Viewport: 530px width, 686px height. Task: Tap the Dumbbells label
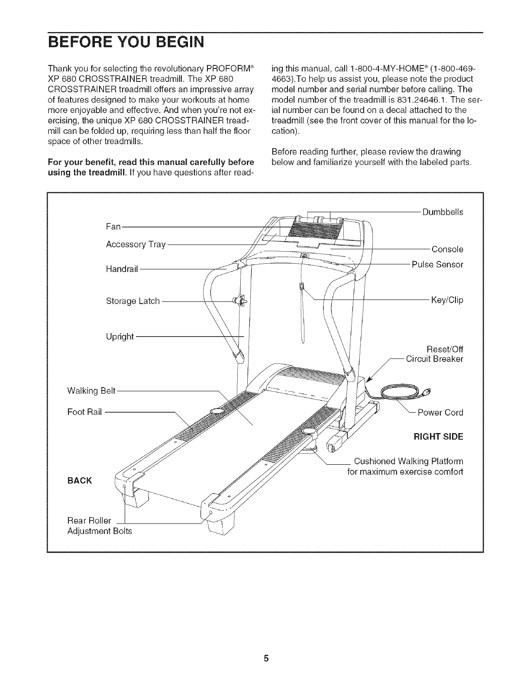[x=443, y=212]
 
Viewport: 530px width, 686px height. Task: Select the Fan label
[x=113, y=227]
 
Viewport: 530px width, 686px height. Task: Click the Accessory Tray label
[x=136, y=244]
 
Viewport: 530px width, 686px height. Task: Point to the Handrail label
[x=122, y=269]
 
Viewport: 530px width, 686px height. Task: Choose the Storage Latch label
[x=132, y=301]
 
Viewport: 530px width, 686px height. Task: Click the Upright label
[x=120, y=336]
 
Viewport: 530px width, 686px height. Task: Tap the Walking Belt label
[x=91, y=391]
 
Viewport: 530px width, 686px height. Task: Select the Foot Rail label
[x=84, y=412]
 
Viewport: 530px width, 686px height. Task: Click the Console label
[x=447, y=249]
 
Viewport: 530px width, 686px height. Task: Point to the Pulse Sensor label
[x=437, y=264]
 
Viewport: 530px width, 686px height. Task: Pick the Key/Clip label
[x=447, y=300]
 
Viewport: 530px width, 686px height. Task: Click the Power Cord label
[x=440, y=412]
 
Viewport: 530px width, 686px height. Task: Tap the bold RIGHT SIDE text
[x=438, y=437]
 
